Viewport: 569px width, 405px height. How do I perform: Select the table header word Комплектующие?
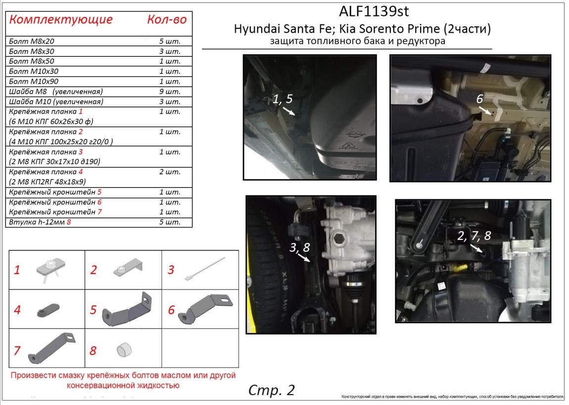[x=61, y=20]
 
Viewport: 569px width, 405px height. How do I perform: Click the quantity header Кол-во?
[x=167, y=20]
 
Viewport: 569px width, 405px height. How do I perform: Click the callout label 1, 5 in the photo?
[x=283, y=99]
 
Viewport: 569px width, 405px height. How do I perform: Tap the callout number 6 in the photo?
[x=479, y=99]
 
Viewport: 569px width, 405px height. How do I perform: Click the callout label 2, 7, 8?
[x=474, y=236]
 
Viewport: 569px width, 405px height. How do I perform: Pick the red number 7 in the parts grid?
[x=17, y=350]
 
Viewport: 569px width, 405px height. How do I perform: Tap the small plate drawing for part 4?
[x=48, y=310]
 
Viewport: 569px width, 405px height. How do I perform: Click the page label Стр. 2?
[x=271, y=390]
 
